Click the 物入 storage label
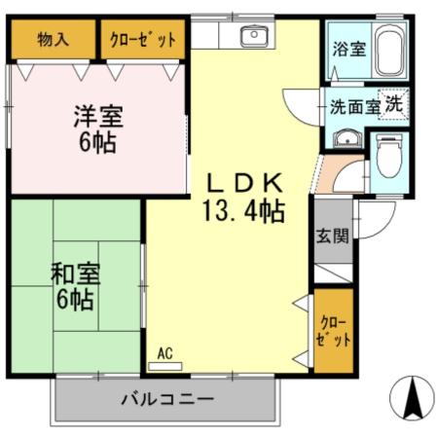point(54,41)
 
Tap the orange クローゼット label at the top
point(144,41)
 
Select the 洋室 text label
point(96,116)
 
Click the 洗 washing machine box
point(394,105)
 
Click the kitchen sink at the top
point(254,37)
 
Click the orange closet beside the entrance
point(332,329)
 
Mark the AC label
point(164,355)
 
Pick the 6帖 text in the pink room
point(96,144)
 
